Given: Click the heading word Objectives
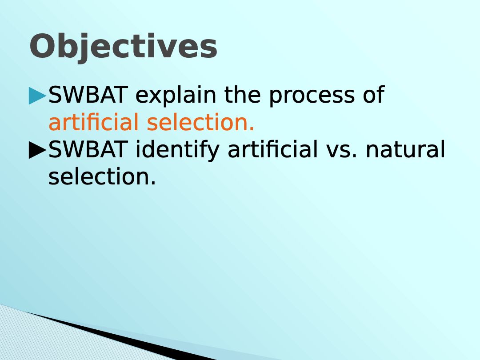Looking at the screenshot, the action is click(x=124, y=47).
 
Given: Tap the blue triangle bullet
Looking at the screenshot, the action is click(x=37, y=96).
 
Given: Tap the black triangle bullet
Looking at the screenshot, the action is click(x=37, y=150).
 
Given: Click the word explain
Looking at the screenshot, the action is click(x=176, y=96).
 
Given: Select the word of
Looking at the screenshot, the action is click(x=374, y=95).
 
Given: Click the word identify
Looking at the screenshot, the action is click(x=177, y=150).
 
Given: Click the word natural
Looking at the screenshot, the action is click(x=405, y=149).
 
